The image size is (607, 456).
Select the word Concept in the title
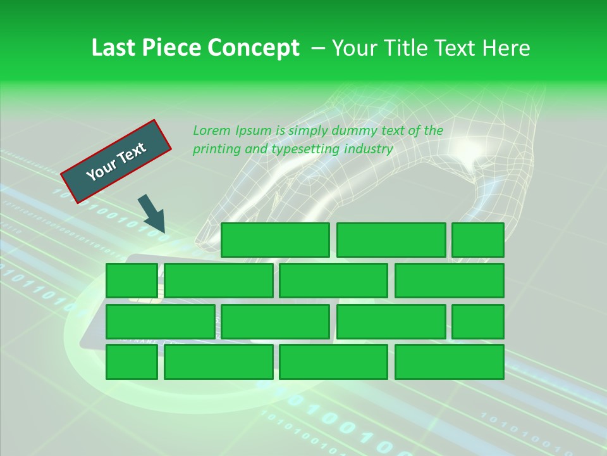coord(255,48)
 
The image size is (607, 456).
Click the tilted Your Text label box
coord(116,161)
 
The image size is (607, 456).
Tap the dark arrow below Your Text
coord(152,213)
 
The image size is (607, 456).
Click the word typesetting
coord(305,149)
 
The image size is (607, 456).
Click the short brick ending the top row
coord(478,239)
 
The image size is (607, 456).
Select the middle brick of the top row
coord(391,239)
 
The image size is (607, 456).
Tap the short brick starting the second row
coord(132,280)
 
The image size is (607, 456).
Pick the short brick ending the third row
coord(478,321)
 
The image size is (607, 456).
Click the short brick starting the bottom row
coord(132,362)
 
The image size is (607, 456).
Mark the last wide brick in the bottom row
coord(450,362)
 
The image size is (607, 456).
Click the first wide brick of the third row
coord(160,321)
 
